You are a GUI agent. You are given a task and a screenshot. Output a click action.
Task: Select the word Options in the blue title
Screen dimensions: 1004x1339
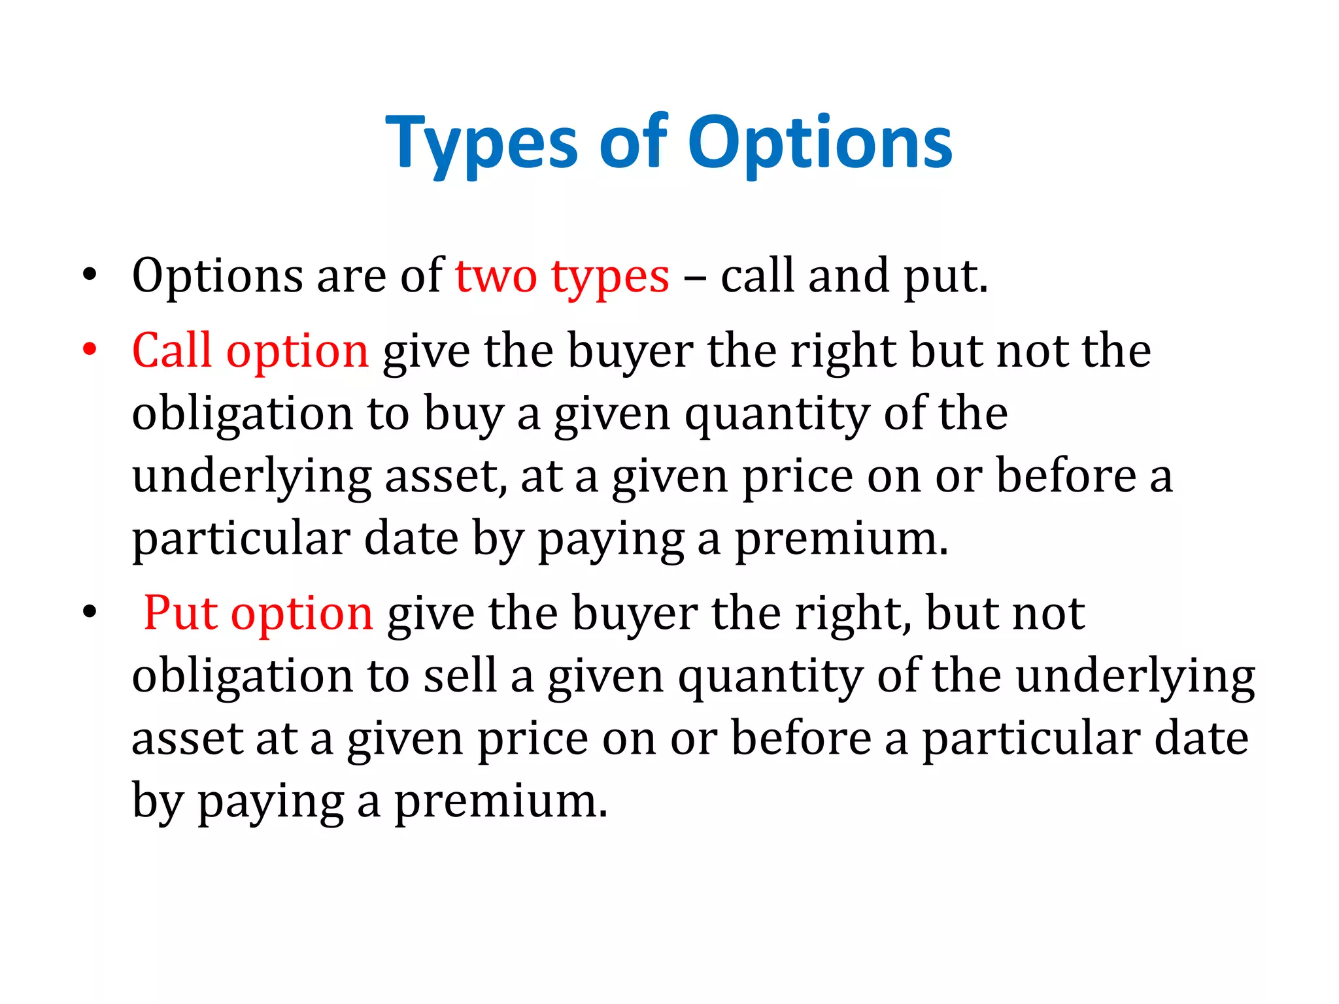pos(820,144)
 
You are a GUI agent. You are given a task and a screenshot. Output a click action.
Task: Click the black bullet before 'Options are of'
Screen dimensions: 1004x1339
pos(90,275)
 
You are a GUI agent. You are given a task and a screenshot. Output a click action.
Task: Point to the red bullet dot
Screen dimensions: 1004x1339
pos(90,350)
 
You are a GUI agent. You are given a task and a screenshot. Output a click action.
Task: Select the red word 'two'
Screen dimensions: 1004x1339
pos(496,276)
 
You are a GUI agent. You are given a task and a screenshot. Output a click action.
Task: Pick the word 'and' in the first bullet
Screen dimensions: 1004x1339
pos(849,276)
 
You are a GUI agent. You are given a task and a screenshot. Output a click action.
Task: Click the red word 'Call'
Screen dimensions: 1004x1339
pos(172,350)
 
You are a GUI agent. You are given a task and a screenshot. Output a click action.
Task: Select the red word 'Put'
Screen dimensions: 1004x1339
pos(180,613)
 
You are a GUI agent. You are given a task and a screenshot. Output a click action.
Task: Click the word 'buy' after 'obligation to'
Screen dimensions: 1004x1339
pos(464,415)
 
